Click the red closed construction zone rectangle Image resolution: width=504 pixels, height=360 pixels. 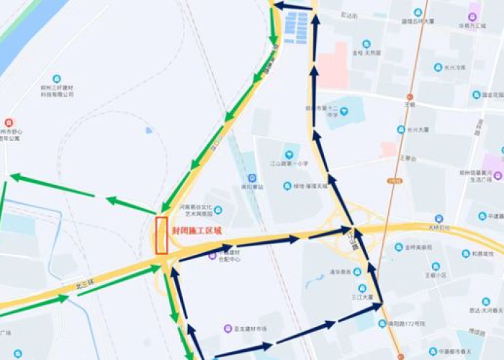click(161, 235)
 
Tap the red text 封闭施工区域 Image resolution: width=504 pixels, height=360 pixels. click(197, 231)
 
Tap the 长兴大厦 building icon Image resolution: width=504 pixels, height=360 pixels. click(401, 130)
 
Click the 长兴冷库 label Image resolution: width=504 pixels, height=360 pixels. click(455, 68)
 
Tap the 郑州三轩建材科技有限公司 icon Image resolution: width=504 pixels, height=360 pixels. click(57, 78)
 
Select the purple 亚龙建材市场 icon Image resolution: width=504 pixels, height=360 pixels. click(228, 328)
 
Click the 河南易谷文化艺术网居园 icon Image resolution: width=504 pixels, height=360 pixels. click(218, 210)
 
